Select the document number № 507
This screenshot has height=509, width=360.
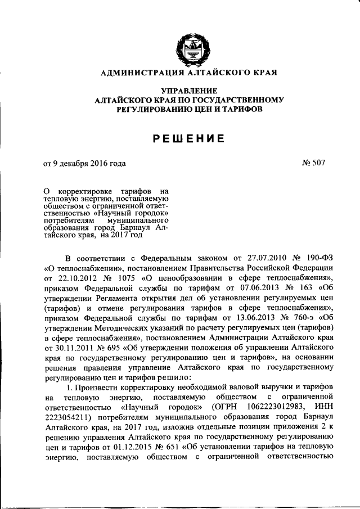click(313, 164)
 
